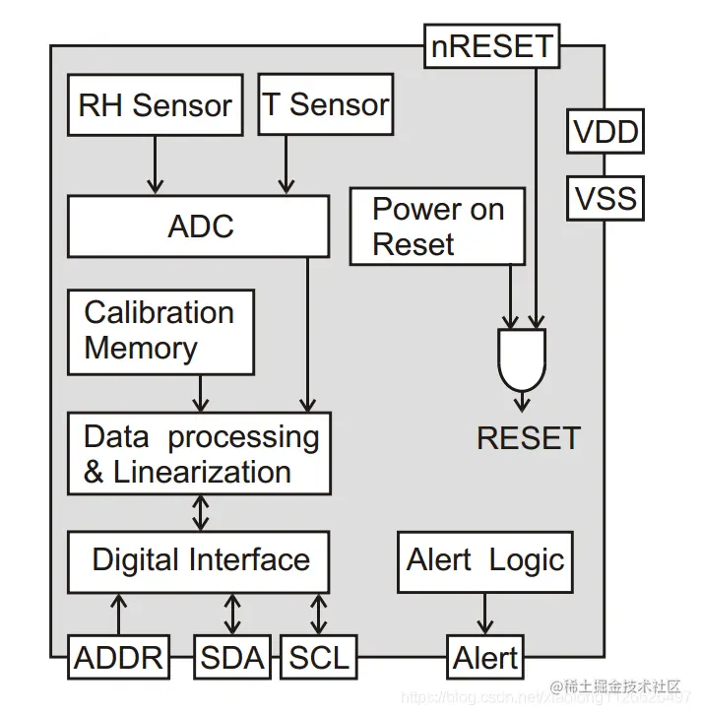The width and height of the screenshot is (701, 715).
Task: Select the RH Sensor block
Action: pos(155,104)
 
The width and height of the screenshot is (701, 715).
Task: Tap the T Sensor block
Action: pos(325,104)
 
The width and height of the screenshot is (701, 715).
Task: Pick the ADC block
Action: pos(199,227)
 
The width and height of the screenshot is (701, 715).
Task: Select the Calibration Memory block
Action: pos(159,332)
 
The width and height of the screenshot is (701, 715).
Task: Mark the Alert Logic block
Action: pos(484,560)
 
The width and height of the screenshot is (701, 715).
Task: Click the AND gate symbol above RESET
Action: pos(522,357)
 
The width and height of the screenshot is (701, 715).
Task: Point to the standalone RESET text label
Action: pos(529,437)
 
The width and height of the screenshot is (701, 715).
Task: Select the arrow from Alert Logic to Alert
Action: pos(484,614)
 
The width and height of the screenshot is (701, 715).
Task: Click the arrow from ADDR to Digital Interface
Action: pos(118,614)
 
